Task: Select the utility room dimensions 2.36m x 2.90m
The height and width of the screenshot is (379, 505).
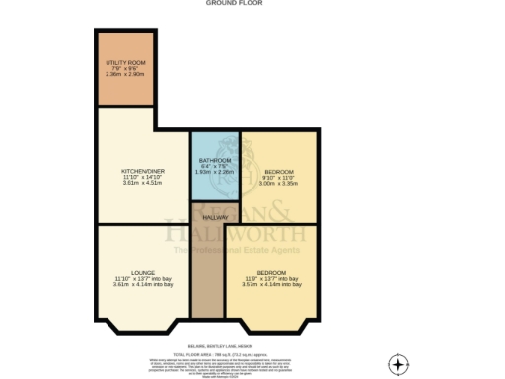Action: coord(125,74)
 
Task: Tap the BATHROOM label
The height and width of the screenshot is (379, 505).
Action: coord(215,159)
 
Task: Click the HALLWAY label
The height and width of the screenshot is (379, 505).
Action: coord(215,217)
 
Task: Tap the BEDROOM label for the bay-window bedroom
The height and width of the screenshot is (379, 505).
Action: coord(271,272)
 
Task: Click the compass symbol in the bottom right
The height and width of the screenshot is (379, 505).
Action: coord(397,364)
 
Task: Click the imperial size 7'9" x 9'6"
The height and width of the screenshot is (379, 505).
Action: coord(125,68)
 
